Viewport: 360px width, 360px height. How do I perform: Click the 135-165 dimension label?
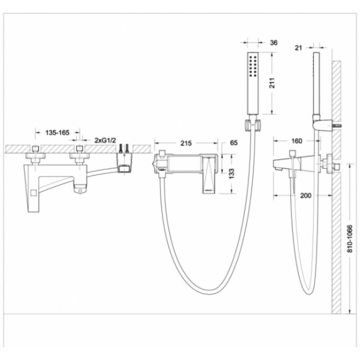57,133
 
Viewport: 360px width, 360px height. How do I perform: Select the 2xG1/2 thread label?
105,140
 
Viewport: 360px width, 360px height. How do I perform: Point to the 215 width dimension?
186,143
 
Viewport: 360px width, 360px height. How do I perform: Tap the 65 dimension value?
233,143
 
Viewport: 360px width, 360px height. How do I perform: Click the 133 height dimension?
231,174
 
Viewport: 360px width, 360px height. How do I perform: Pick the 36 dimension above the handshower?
274,43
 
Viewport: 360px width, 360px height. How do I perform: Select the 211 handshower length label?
272,83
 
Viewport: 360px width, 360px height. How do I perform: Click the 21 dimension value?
298,48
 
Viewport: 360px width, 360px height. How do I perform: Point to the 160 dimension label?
297,141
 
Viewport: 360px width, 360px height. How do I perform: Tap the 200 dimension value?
306,195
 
